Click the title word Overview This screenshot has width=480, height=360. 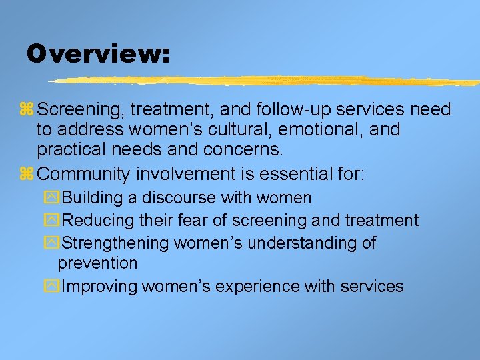(x=97, y=53)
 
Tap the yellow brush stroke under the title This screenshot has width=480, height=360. (x=267, y=81)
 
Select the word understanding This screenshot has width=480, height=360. (x=301, y=243)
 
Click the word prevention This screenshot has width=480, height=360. (x=97, y=263)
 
